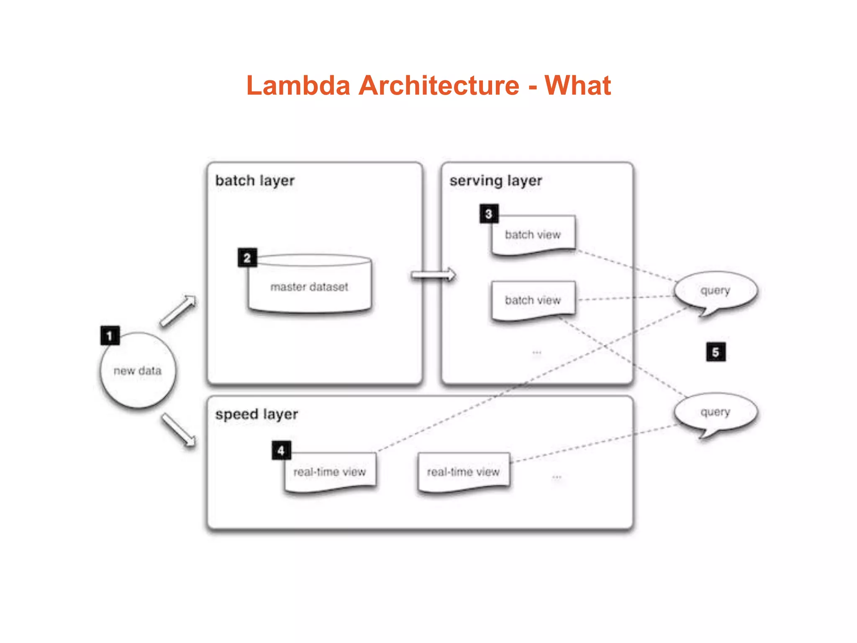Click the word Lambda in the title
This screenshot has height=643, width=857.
[298, 86]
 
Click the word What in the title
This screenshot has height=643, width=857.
[577, 86]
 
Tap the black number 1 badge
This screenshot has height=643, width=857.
[110, 336]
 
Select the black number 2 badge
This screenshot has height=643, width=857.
[247, 258]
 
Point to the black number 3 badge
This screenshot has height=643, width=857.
[489, 214]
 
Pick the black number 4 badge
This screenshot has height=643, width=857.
[281, 450]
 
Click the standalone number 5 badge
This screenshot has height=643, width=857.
[716, 352]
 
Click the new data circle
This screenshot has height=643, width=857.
[138, 371]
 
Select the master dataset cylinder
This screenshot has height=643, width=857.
[310, 287]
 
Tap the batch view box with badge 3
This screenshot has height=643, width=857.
[533, 235]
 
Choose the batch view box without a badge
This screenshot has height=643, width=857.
[533, 300]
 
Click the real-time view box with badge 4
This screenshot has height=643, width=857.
[330, 472]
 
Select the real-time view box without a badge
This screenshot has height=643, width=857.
[463, 472]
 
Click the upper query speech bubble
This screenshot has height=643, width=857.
[716, 291]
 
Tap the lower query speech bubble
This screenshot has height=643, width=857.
[716, 412]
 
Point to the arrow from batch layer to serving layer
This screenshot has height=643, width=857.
[433, 275]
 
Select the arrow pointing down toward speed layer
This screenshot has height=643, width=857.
[179, 430]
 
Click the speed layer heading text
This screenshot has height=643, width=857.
[257, 414]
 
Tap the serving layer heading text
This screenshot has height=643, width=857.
[496, 181]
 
